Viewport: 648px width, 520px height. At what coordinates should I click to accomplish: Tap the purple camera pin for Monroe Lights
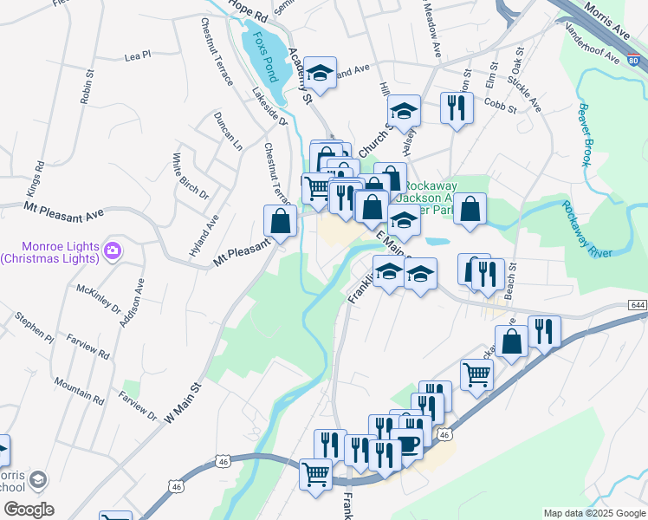point(113,251)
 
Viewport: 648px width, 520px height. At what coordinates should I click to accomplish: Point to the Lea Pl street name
point(138,55)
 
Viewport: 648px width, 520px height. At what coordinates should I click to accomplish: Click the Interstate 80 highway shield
point(634,61)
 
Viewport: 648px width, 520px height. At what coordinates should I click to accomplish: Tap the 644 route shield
point(637,307)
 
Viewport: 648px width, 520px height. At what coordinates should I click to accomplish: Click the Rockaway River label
point(588,228)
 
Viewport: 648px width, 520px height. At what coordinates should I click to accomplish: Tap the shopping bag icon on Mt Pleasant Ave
point(280,221)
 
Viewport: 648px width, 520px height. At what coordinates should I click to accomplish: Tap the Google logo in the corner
point(28,510)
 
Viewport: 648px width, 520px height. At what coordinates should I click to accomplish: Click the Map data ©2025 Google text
point(593,513)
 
